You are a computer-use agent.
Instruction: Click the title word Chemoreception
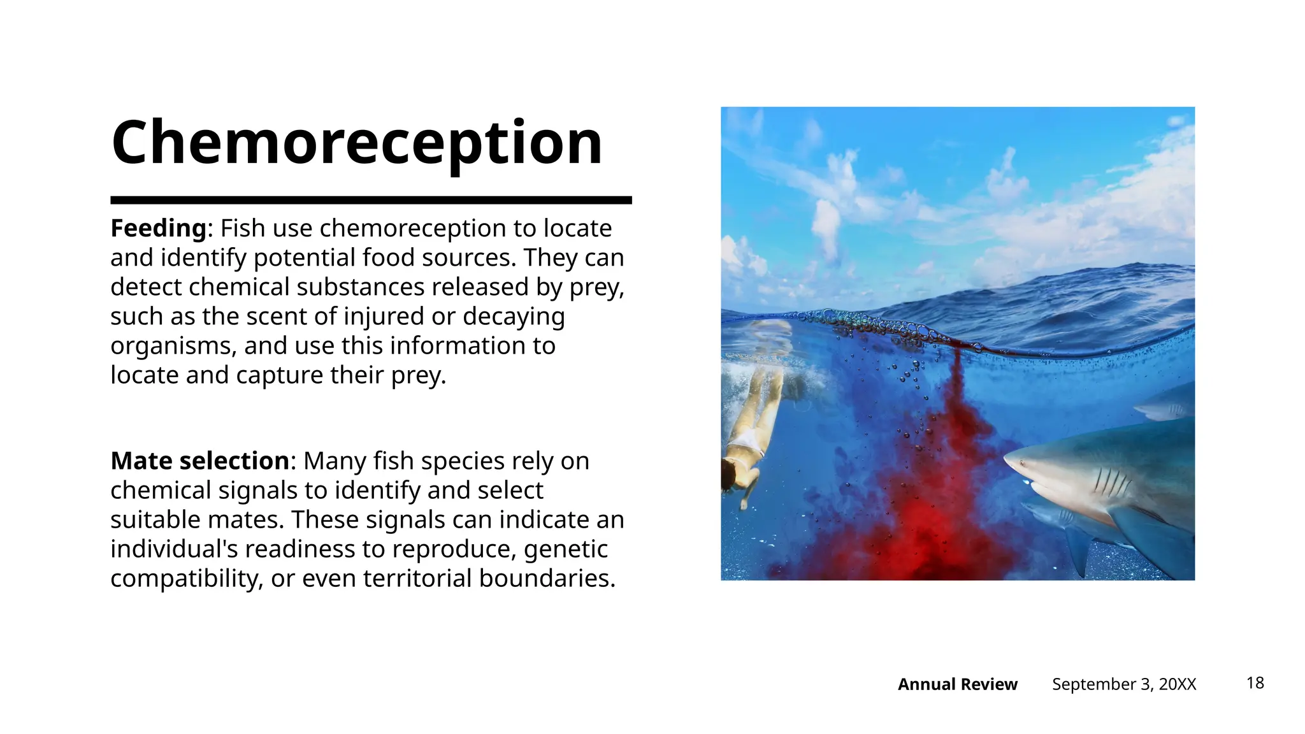357,143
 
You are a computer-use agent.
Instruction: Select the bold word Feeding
158,228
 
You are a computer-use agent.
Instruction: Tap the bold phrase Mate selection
200,461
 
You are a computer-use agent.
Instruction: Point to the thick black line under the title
371,200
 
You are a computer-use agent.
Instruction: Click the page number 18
1255,683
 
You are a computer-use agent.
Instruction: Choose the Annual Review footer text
957,684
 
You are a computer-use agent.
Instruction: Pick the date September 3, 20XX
1124,684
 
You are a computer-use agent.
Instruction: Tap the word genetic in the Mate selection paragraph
566,549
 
